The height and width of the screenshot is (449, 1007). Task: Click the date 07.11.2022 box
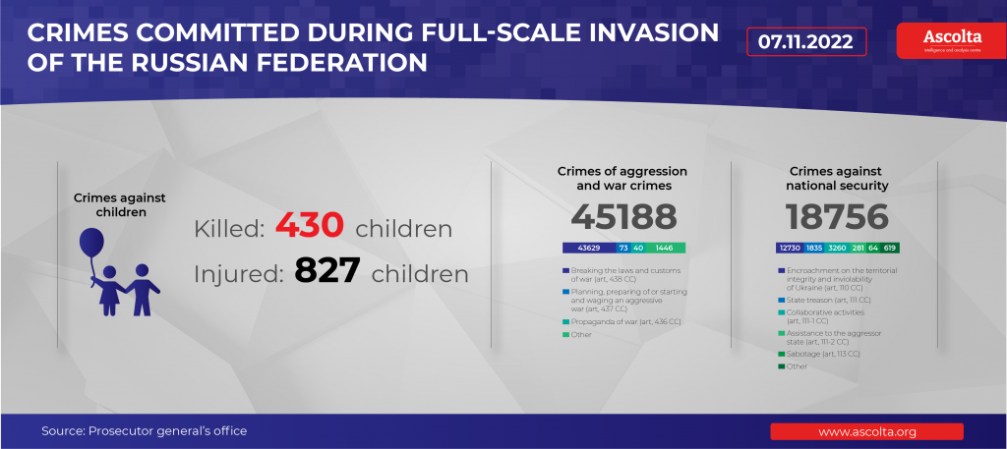pyautogui.click(x=806, y=42)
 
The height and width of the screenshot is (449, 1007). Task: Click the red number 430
pyautogui.click(x=309, y=226)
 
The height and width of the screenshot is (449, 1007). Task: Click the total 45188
pyautogui.click(x=623, y=217)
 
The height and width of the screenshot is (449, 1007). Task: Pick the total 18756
pyautogui.click(x=837, y=217)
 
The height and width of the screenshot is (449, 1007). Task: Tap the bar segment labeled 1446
pyautogui.click(x=665, y=249)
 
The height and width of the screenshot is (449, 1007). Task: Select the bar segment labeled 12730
pyautogui.click(x=790, y=249)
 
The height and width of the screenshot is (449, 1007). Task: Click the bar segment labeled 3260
pyautogui.click(x=836, y=249)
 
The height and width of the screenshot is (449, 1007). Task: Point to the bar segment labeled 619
pyautogui.click(x=890, y=249)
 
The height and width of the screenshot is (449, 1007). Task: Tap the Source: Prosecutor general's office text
pyautogui.click(x=144, y=431)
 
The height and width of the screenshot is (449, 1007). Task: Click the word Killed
pyautogui.click(x=228, y=229)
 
